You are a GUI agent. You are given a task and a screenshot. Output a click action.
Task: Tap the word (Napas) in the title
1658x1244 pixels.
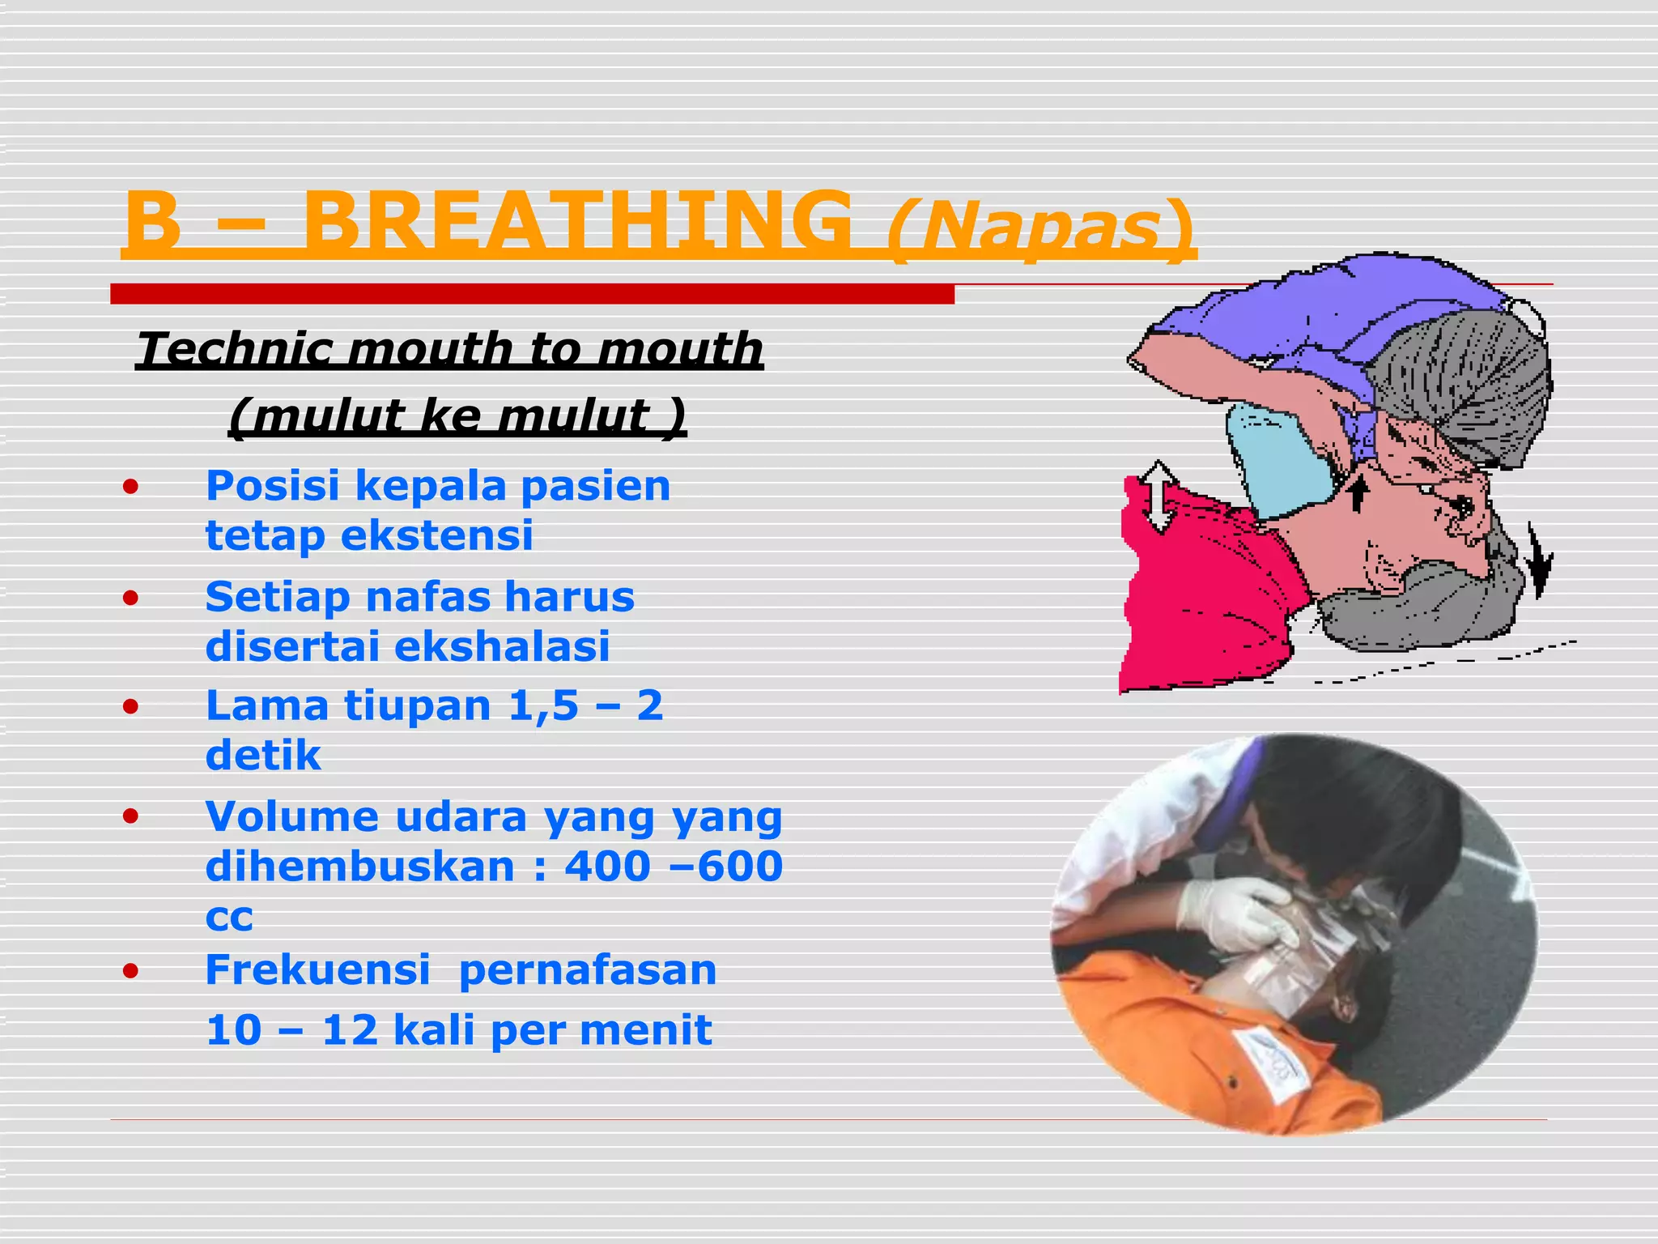[x=1039, y=229]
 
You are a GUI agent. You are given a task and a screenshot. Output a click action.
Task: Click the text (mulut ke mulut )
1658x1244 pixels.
[x=457, y=416]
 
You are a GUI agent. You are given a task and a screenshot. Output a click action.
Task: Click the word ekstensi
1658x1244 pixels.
[x=437, y=536]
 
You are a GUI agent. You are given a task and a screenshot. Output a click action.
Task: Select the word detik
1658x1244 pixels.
[x=263, y=756]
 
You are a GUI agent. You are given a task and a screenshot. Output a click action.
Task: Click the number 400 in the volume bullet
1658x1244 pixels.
[x=607, y=867]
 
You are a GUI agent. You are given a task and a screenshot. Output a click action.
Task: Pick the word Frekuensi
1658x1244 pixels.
[x=317, y=970]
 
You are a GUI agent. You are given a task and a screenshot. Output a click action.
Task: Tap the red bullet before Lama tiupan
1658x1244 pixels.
[x=131, y=707]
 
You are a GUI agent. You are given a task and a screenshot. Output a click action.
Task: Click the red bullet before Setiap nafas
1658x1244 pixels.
[x=131, y=599]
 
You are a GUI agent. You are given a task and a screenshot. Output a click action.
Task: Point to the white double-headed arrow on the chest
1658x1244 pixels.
[x=1159, y=496]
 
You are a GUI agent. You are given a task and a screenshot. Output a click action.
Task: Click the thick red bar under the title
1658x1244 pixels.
[x=532, y=294]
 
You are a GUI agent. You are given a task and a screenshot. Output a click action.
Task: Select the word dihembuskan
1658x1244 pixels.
[x=360, y=867]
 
